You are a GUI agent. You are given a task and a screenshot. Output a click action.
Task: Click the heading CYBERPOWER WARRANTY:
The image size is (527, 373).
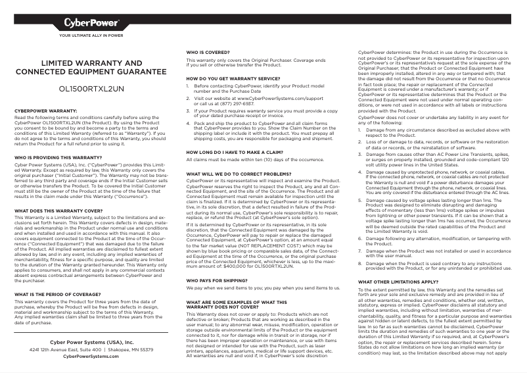click(46, 111)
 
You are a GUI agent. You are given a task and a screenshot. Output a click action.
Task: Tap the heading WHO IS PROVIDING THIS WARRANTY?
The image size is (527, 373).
click(58, 158)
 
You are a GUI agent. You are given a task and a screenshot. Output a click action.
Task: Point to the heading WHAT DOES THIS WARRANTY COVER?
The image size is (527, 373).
click(57, 211)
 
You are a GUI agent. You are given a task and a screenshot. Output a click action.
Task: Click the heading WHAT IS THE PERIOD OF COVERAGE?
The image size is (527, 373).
click(57, 293)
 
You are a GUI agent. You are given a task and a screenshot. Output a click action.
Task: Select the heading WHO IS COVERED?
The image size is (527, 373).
click(208, 51)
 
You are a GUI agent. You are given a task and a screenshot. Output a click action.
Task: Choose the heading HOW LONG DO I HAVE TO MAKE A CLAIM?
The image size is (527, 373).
click(235, 151)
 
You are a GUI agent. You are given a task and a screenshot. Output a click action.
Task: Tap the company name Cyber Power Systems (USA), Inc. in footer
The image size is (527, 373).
click(91, 342)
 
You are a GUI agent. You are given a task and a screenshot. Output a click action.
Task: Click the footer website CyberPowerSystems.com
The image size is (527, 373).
click(91, 356)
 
